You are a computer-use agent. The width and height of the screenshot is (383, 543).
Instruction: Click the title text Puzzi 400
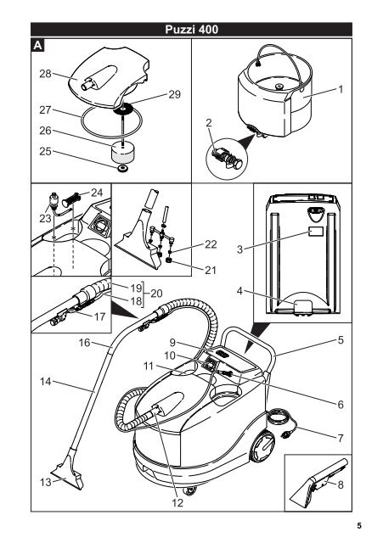[191, 30]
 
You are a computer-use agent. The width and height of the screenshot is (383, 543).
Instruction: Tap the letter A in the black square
[38, 45]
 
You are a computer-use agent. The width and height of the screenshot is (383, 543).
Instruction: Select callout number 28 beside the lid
[45, 74]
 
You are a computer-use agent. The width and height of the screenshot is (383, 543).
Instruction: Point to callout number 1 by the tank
[341, 89]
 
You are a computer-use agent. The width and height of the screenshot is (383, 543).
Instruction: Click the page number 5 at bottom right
[359, 526]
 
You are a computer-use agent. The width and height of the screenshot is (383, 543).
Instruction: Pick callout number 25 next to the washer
[45, 151]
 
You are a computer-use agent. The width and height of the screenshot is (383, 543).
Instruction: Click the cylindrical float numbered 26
[122, 153]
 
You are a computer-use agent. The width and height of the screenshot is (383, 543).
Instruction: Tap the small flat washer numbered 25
[122, 169]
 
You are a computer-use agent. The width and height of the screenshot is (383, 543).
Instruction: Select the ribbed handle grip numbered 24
[71, 199]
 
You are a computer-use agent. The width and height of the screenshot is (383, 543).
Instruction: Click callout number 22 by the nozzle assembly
[211, 244]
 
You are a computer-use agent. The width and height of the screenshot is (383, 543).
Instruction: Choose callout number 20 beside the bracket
[156, 294]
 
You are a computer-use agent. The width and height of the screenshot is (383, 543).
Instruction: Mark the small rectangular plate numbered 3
[316, 232]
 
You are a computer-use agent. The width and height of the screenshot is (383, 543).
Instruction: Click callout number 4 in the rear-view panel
[239, 290]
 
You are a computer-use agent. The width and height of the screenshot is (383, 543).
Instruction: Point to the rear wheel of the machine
[262, 446]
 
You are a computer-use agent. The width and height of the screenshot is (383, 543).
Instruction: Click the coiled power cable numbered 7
[281, 423]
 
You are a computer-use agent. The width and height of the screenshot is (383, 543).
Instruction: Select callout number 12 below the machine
[177, 502]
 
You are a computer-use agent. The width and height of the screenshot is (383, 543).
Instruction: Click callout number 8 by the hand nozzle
[341, 484]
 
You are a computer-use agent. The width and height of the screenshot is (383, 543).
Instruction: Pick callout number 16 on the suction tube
[84, 343]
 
